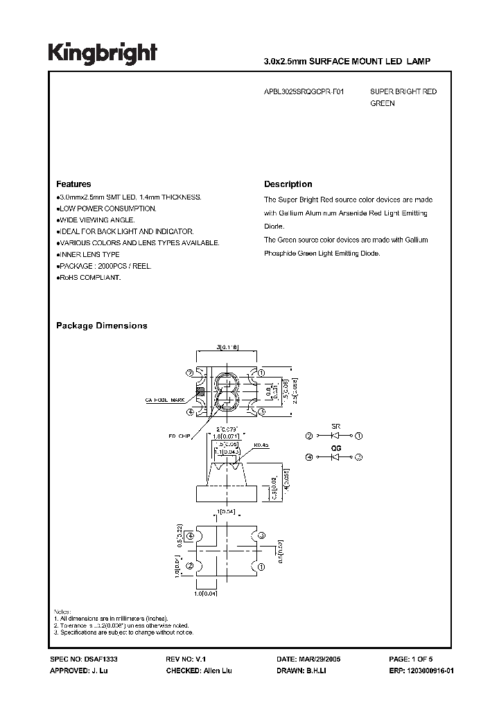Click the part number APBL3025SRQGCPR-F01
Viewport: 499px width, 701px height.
pos(303,91)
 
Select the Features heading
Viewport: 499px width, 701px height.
pos(73,184)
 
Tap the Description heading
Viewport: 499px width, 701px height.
pos(288,184)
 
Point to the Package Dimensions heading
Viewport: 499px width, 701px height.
pos(101,326)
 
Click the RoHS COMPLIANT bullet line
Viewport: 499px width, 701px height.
pos(90,277)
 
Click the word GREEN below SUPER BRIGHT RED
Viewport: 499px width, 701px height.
pos(382,103)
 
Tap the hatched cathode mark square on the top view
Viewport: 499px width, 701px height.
pos(201,391)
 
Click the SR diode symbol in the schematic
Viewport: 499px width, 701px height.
pos(336,436)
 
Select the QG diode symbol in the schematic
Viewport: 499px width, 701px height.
pos(336,457)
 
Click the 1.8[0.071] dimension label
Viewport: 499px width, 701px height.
pos(227,436)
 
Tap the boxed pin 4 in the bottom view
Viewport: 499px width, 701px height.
pos(190,534)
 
